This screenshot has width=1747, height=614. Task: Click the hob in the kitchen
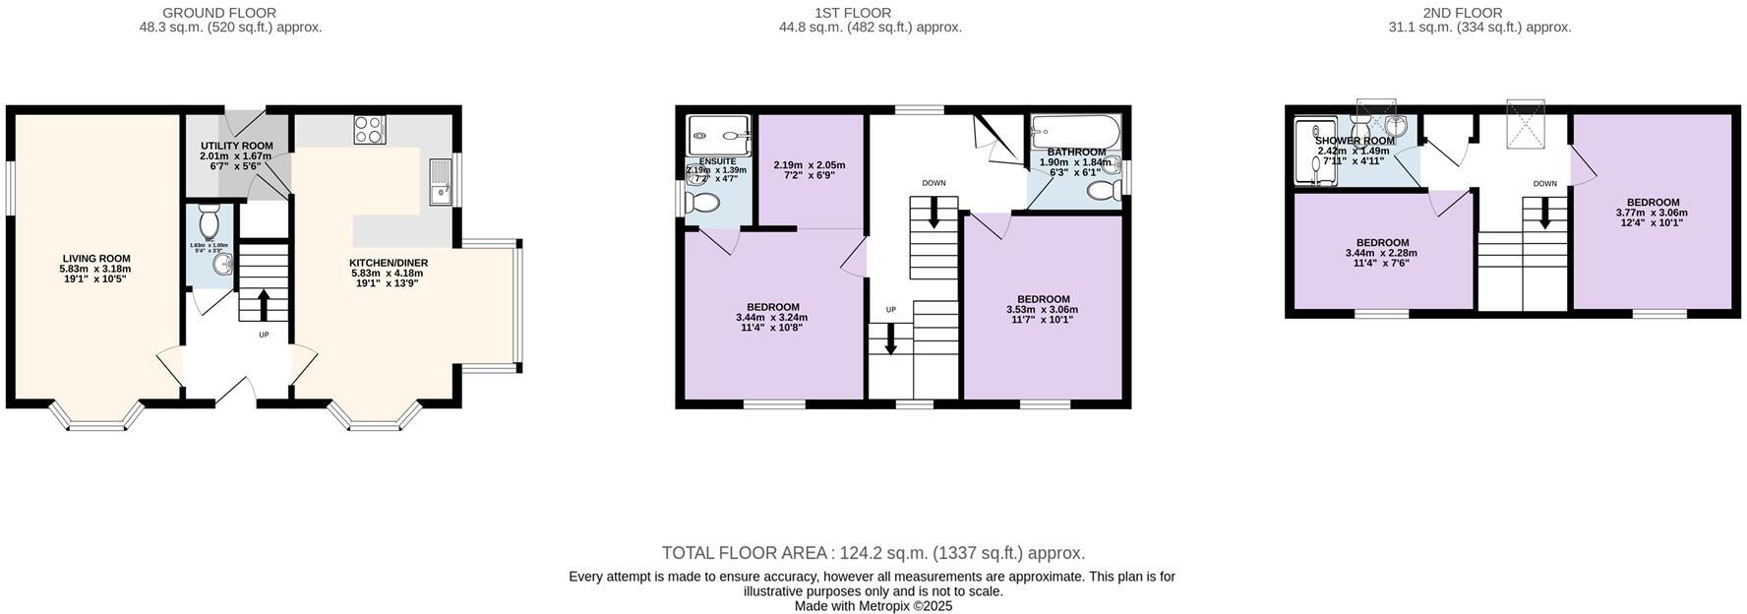[370, 130]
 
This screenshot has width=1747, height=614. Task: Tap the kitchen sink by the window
[439, 183]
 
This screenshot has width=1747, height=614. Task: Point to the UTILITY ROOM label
[236, 146]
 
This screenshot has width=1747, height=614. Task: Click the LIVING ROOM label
[95, 259]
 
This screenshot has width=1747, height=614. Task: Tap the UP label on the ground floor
[264, 336]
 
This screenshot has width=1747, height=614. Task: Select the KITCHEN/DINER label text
[389, 263]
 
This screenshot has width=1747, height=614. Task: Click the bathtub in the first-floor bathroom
[1075, 130]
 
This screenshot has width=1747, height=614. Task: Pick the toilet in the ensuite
[703, 204]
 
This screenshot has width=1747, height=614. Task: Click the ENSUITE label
[717, 161]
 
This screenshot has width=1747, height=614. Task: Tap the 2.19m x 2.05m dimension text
[810, 165]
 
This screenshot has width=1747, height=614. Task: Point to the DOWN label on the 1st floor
[934, 183]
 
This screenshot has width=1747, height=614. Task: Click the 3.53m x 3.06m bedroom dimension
[1043, 310]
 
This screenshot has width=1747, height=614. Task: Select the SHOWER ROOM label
[1355, 141]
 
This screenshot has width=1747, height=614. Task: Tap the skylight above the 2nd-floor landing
[1526, 124]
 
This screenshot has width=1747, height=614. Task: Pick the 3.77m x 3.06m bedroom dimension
[1652, 213]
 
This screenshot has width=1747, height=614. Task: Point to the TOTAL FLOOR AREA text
[747, 553]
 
